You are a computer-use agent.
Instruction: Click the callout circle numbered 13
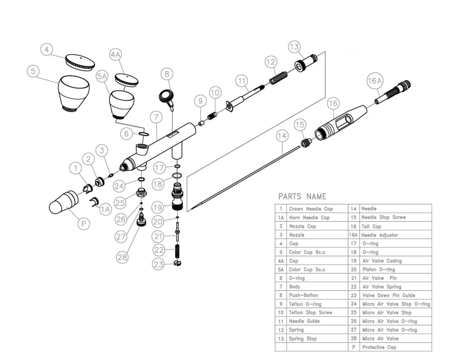(x=294, y=47)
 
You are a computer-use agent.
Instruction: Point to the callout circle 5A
(x=102, y=77)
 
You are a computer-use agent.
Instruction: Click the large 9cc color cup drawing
(x=73, y=93)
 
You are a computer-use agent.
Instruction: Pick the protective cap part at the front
(x=64, y=202)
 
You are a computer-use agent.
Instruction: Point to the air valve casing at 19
(x=177, y=198)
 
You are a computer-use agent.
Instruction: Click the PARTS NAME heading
(x=302, y=197)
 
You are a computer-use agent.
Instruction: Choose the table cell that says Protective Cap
(x=379, y=347)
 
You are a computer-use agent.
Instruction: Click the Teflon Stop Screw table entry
(x=311, y=312)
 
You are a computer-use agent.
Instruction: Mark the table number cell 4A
(x=281, y=261)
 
